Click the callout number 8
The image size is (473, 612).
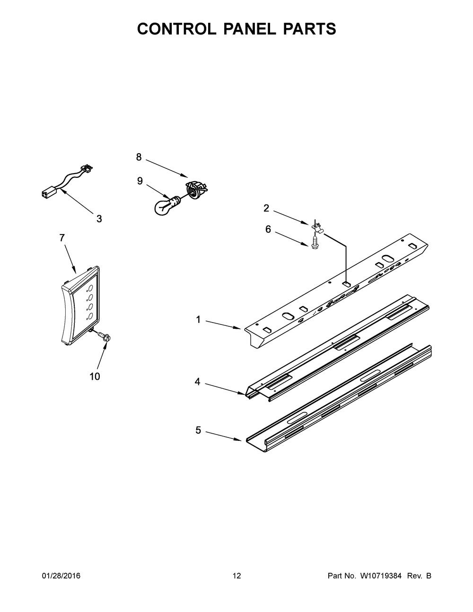(139, 157)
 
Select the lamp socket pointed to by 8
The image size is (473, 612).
(195, 188)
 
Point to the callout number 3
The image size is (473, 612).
(99, 219)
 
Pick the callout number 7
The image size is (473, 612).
(62, 238)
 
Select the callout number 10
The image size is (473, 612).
(95, 376)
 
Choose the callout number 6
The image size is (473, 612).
(268, 229)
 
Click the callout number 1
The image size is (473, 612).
(198, 320)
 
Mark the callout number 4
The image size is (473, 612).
(197, 382)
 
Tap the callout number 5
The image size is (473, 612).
(198, 430)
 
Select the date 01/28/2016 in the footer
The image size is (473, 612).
(61, 576)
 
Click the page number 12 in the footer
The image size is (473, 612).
(236, 576)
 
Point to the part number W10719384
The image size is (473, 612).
(378, 576)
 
